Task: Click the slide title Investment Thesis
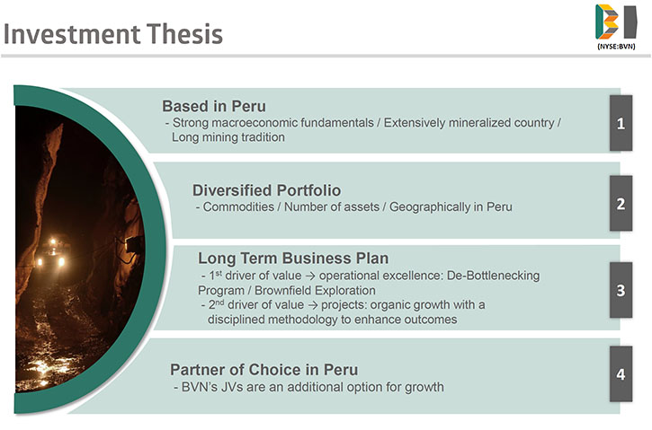click(x=113, y=34)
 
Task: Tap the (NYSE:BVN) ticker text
click(x=616, y=47)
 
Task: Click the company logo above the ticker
click(x=616, y=22)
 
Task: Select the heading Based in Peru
click(x=214, y=106)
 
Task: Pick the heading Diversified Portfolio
click(x=266, y=190)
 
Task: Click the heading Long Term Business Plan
click(x=293, y=259)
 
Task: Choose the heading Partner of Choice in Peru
click(x=264, y=369)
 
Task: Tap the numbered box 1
click(x=621, y=123)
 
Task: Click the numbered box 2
click(x=621, y=204)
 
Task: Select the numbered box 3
click(x=621, y=290)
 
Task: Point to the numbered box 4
click(x=621, y=374)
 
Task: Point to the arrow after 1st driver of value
click(x=309, y=276)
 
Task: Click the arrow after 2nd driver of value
click(x=312, y=305)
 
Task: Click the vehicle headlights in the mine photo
click(x=52, y=254)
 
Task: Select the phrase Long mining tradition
click(x=228, y=137)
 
